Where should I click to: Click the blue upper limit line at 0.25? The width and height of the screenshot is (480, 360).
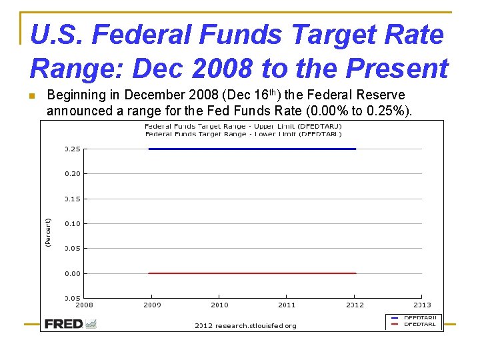tap(252, 149)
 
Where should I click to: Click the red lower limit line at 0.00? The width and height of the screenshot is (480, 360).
tap(252, 273)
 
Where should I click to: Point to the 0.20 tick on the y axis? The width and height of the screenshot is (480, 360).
tap(73, 174)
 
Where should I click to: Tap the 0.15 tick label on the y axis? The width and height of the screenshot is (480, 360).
tap(73, 199)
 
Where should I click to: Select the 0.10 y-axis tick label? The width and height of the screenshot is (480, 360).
tap(73, 224)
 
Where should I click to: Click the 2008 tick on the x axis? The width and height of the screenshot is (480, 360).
tap(84, 305)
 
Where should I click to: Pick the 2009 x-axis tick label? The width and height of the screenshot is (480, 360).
tap(152, 305)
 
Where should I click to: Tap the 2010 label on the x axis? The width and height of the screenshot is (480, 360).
tap(219, 305)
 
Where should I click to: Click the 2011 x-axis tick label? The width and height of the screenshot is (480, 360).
tap(287, 305)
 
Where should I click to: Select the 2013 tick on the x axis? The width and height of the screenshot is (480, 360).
tap(422, 305)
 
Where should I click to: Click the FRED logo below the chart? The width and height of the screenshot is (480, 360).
tap(70, 324)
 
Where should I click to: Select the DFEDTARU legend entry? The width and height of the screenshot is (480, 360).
tap(419, 318)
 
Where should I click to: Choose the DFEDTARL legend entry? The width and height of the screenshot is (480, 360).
tap(419, 325)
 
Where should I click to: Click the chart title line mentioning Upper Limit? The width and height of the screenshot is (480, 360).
tap(243, 126)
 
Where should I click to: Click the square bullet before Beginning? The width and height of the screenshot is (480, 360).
tap(32, 96)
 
